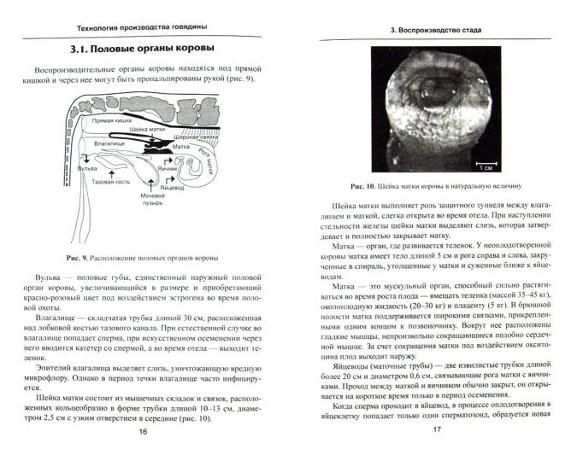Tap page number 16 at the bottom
(143, 433)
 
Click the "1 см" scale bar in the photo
(483, 166)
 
